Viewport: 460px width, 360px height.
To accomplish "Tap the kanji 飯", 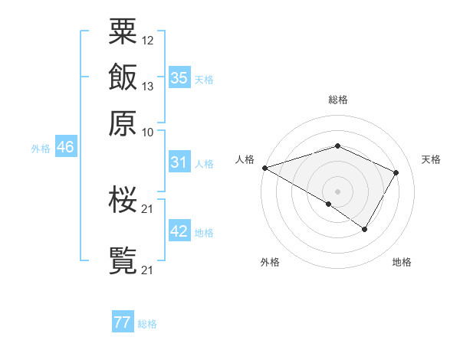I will [123, 77].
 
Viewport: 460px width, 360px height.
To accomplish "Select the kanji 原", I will [123, 123].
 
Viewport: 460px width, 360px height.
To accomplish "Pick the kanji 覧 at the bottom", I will [123, 260].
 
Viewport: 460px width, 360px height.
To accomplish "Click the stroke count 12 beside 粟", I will [148, 40].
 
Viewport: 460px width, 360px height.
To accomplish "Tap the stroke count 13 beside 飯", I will [148, 86].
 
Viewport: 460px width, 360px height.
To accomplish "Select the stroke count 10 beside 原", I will [148, 132].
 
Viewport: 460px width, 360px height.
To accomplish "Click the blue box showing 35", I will [179, 77].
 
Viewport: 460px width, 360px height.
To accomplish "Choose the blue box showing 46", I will [65, 147].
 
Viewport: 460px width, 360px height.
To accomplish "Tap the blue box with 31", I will [179, 162].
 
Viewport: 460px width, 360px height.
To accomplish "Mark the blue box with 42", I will [179, 231].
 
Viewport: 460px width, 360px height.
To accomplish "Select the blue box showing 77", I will [123, 322].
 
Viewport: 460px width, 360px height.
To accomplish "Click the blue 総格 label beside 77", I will [147, 324].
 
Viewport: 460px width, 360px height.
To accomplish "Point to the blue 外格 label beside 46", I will [41, 149].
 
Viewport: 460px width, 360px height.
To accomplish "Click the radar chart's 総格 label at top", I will [337, 100].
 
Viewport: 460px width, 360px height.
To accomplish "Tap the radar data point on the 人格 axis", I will [264, 167].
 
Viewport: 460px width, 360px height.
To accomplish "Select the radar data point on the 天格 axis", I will [396, 172].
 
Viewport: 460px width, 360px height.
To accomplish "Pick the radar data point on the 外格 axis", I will [329, 204].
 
